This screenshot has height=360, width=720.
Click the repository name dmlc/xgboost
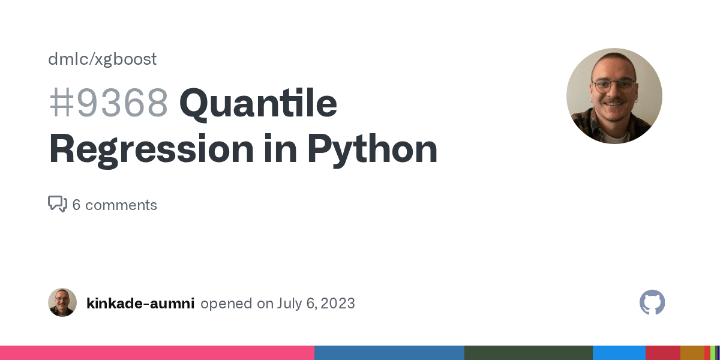103,59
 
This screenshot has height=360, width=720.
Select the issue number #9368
109,103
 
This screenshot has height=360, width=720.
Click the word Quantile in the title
258,103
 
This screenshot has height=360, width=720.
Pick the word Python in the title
372,149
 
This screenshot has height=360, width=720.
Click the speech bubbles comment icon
57,205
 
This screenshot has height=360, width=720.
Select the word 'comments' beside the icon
121,205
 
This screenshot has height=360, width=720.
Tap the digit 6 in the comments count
76,205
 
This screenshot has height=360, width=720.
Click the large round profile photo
614,96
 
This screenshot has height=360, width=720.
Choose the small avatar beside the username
62,302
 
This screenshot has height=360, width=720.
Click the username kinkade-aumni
140,304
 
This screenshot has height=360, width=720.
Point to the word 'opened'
226,304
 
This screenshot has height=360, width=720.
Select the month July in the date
289,304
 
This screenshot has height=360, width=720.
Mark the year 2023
337,304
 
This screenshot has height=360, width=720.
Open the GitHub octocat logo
652,302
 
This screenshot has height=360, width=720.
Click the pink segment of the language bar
157,353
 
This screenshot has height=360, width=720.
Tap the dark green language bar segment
528,353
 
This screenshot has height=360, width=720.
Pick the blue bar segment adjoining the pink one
389,353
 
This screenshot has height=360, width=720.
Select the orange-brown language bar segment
692,353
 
